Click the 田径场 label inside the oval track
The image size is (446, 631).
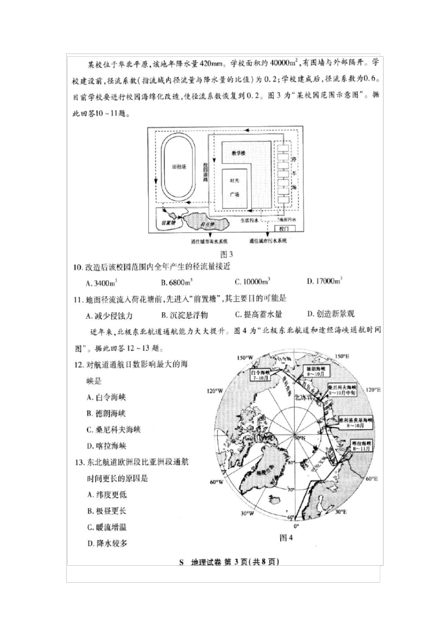point(179,167)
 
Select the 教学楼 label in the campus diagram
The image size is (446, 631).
point(238,154)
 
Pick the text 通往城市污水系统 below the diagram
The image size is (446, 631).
point(268,241)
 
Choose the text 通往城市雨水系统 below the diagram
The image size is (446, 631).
point(209,241)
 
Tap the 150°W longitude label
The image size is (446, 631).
point(245,358)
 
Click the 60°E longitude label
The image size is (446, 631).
point(371,478)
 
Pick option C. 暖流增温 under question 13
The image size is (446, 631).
point(107,527)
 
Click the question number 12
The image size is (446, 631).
point(78,365)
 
